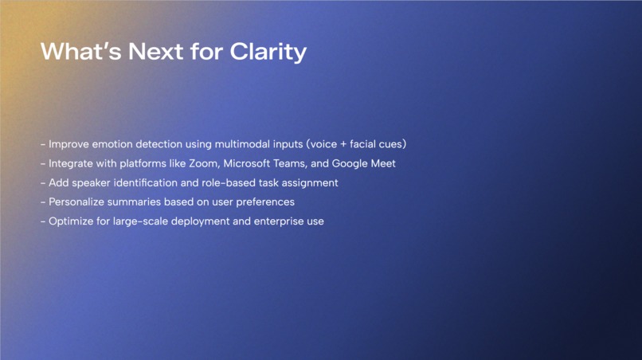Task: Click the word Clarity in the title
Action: pyautogui.click(x=268, y=52)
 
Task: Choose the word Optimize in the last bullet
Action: pyautogui.click(x=72, y=221)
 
